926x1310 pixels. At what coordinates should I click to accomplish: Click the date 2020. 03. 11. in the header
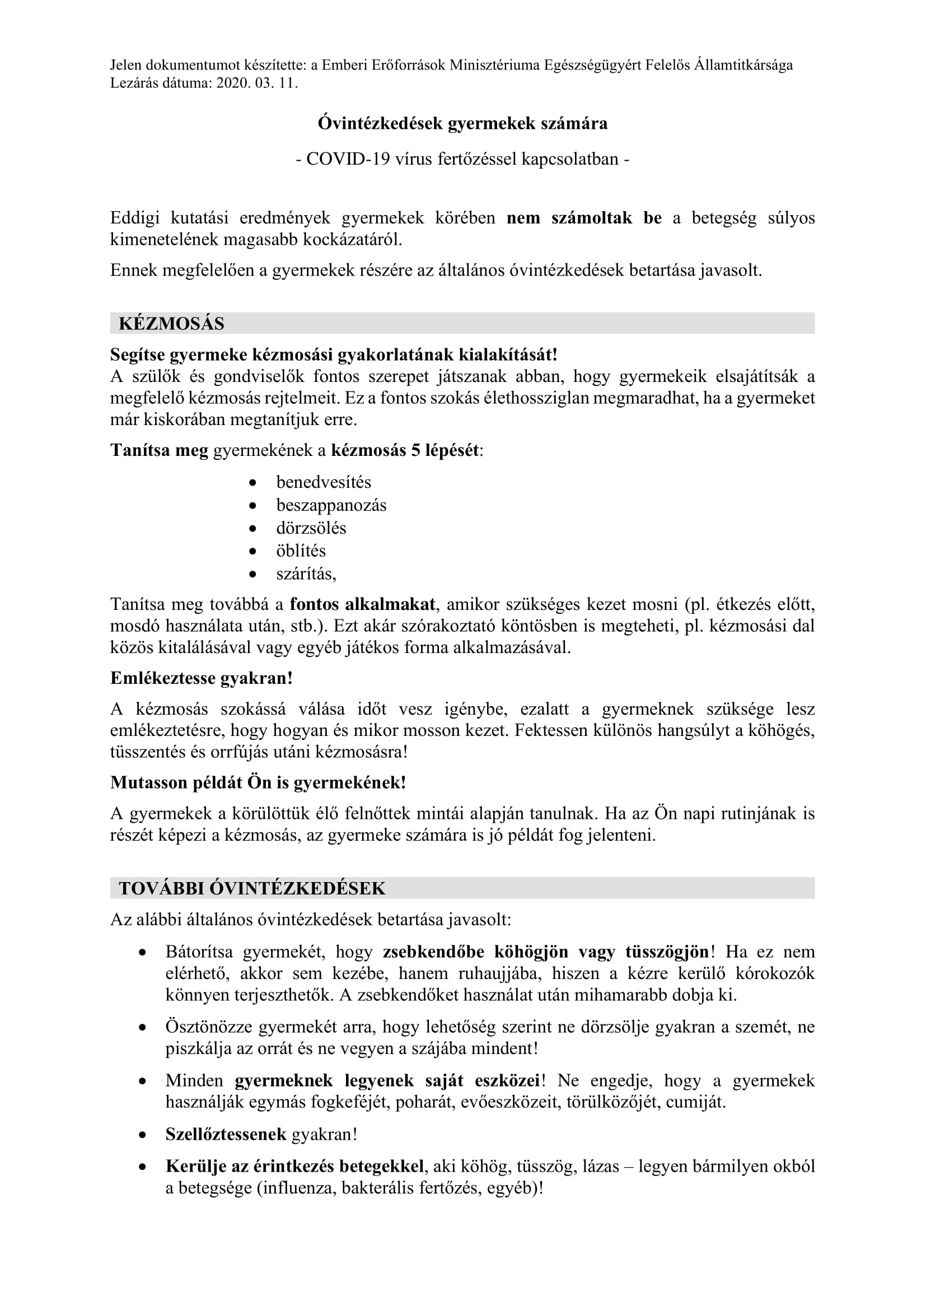coord(257,83)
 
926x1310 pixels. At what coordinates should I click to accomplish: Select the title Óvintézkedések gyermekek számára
coord(462,124)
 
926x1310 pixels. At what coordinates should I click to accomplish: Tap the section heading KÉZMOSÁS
coord(172,324)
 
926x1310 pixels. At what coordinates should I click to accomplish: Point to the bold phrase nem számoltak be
coord(584,218)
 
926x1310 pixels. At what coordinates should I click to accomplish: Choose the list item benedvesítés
coord(323,482)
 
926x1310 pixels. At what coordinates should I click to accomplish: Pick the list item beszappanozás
coord(331,505)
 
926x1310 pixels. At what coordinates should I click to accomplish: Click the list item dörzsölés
coord(311,528)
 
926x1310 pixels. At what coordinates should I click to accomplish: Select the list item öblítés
coord(301,551)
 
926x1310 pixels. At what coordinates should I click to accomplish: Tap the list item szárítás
coord(306,574)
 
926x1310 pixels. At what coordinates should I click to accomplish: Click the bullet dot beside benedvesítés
coord(253,483)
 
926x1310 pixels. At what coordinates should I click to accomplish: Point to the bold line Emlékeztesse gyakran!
coord(202,678)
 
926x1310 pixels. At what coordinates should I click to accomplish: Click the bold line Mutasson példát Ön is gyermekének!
coord(258,782)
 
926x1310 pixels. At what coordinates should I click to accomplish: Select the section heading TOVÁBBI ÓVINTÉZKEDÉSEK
coord(252,888)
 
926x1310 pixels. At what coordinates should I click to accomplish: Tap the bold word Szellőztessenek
coord(226,1134)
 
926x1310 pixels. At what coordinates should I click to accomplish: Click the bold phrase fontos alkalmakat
coord(363,604)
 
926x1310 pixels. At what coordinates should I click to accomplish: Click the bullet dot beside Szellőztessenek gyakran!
coord(143,1135)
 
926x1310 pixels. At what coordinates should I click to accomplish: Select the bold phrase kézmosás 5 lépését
coord(405,450)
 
